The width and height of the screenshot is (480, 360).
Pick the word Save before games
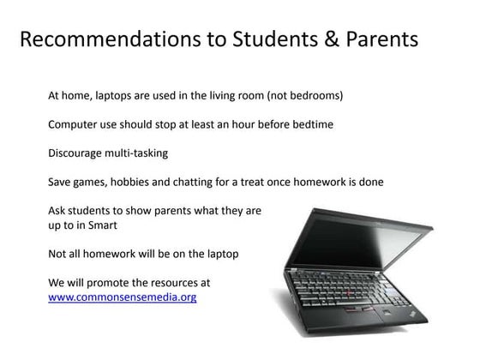point(61,182)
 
